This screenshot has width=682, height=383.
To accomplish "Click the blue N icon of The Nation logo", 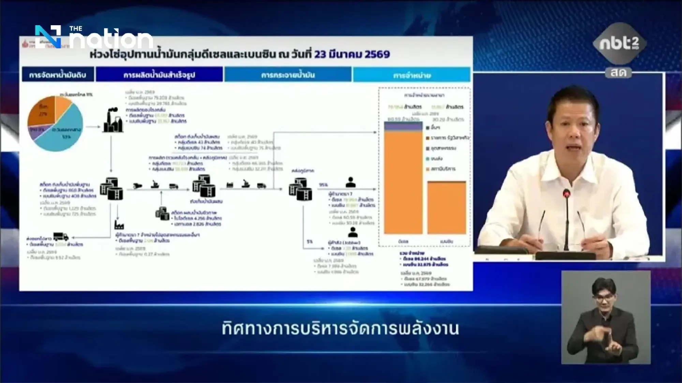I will point(48,36).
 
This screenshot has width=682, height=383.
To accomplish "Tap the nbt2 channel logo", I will point(619,44).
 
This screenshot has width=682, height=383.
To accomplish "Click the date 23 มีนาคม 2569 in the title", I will point(352,54).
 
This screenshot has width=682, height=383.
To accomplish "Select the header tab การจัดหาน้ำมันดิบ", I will point(58,75).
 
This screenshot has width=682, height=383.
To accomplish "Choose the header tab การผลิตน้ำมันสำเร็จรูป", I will point(159,75).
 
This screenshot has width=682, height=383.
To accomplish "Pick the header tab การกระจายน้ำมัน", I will point(288,75).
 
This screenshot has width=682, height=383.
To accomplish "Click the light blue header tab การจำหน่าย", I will point(412,75).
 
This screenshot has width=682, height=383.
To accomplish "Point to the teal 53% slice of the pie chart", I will point(65,134).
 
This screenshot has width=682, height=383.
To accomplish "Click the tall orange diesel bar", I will point(403,182).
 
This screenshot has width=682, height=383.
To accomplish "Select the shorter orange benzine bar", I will point(446,208).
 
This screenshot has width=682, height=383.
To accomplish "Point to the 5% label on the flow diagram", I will point(310,241).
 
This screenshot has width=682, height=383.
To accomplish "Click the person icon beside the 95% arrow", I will point(350,182).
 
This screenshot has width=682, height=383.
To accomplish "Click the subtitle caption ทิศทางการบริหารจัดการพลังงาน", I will point(340,329).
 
